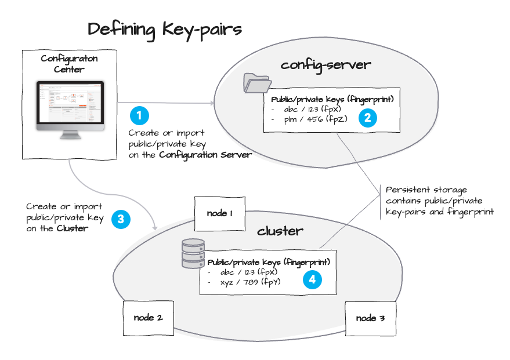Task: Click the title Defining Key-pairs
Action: tap(164, 29)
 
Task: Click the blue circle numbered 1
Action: tap(139, 115)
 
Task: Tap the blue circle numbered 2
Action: tap(367, 118)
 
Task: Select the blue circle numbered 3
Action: tap(120, 219)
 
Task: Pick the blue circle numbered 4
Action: tap(312, 279)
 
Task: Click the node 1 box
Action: tap(219, 213)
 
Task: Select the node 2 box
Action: tap(147, 318)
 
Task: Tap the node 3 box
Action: tap(370, 318)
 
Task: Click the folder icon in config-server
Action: tap(254, 83)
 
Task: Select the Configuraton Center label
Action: tap(70, 64)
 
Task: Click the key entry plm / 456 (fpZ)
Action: tap(304, 119)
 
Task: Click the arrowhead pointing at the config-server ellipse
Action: tap(212, 103)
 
